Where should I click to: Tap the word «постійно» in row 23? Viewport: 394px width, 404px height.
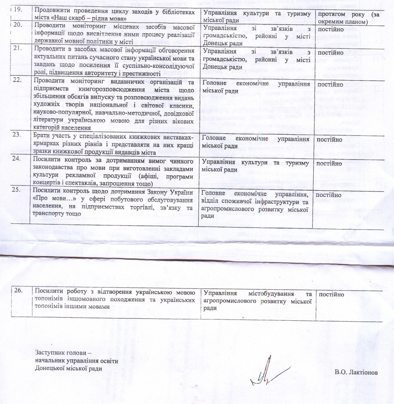tap(331, 139)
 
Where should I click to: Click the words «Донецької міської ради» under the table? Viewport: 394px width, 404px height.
tap(68, 368)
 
